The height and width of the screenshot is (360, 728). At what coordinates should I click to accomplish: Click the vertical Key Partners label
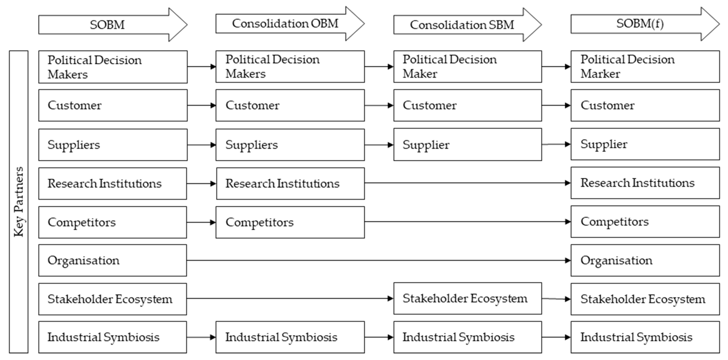click(19, 202)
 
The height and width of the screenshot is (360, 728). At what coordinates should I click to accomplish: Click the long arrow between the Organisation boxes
click(379, 260)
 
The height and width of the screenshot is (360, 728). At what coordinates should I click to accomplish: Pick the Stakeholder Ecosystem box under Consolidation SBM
click(467, 298)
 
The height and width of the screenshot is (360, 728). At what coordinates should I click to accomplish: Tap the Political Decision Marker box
click(645, 67)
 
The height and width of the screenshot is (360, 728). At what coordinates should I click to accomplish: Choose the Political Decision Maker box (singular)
click(467, 67)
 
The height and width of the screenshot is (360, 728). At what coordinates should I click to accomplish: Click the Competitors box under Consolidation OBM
click(290, 222)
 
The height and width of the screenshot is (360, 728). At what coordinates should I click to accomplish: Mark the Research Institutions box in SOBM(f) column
click(645, 183)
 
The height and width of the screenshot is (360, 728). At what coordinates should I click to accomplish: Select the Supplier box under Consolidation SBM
click(467, 145)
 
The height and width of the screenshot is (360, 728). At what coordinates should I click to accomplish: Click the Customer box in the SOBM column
click(113, 105)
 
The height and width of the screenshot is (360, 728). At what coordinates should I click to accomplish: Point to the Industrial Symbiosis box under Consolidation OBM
click(290, 337)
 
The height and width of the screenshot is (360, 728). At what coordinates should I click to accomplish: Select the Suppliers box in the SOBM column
click(113, 145)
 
